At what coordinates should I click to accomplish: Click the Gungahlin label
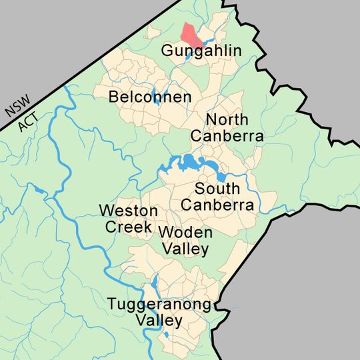[201, 52]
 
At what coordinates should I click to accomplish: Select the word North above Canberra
[227, 121]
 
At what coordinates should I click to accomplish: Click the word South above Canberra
[218, 189]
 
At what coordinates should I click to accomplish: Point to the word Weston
[129, 211]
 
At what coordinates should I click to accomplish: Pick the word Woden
[185, 233]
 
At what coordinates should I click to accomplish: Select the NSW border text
[14, 105]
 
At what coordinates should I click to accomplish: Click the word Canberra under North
[227, 136]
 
